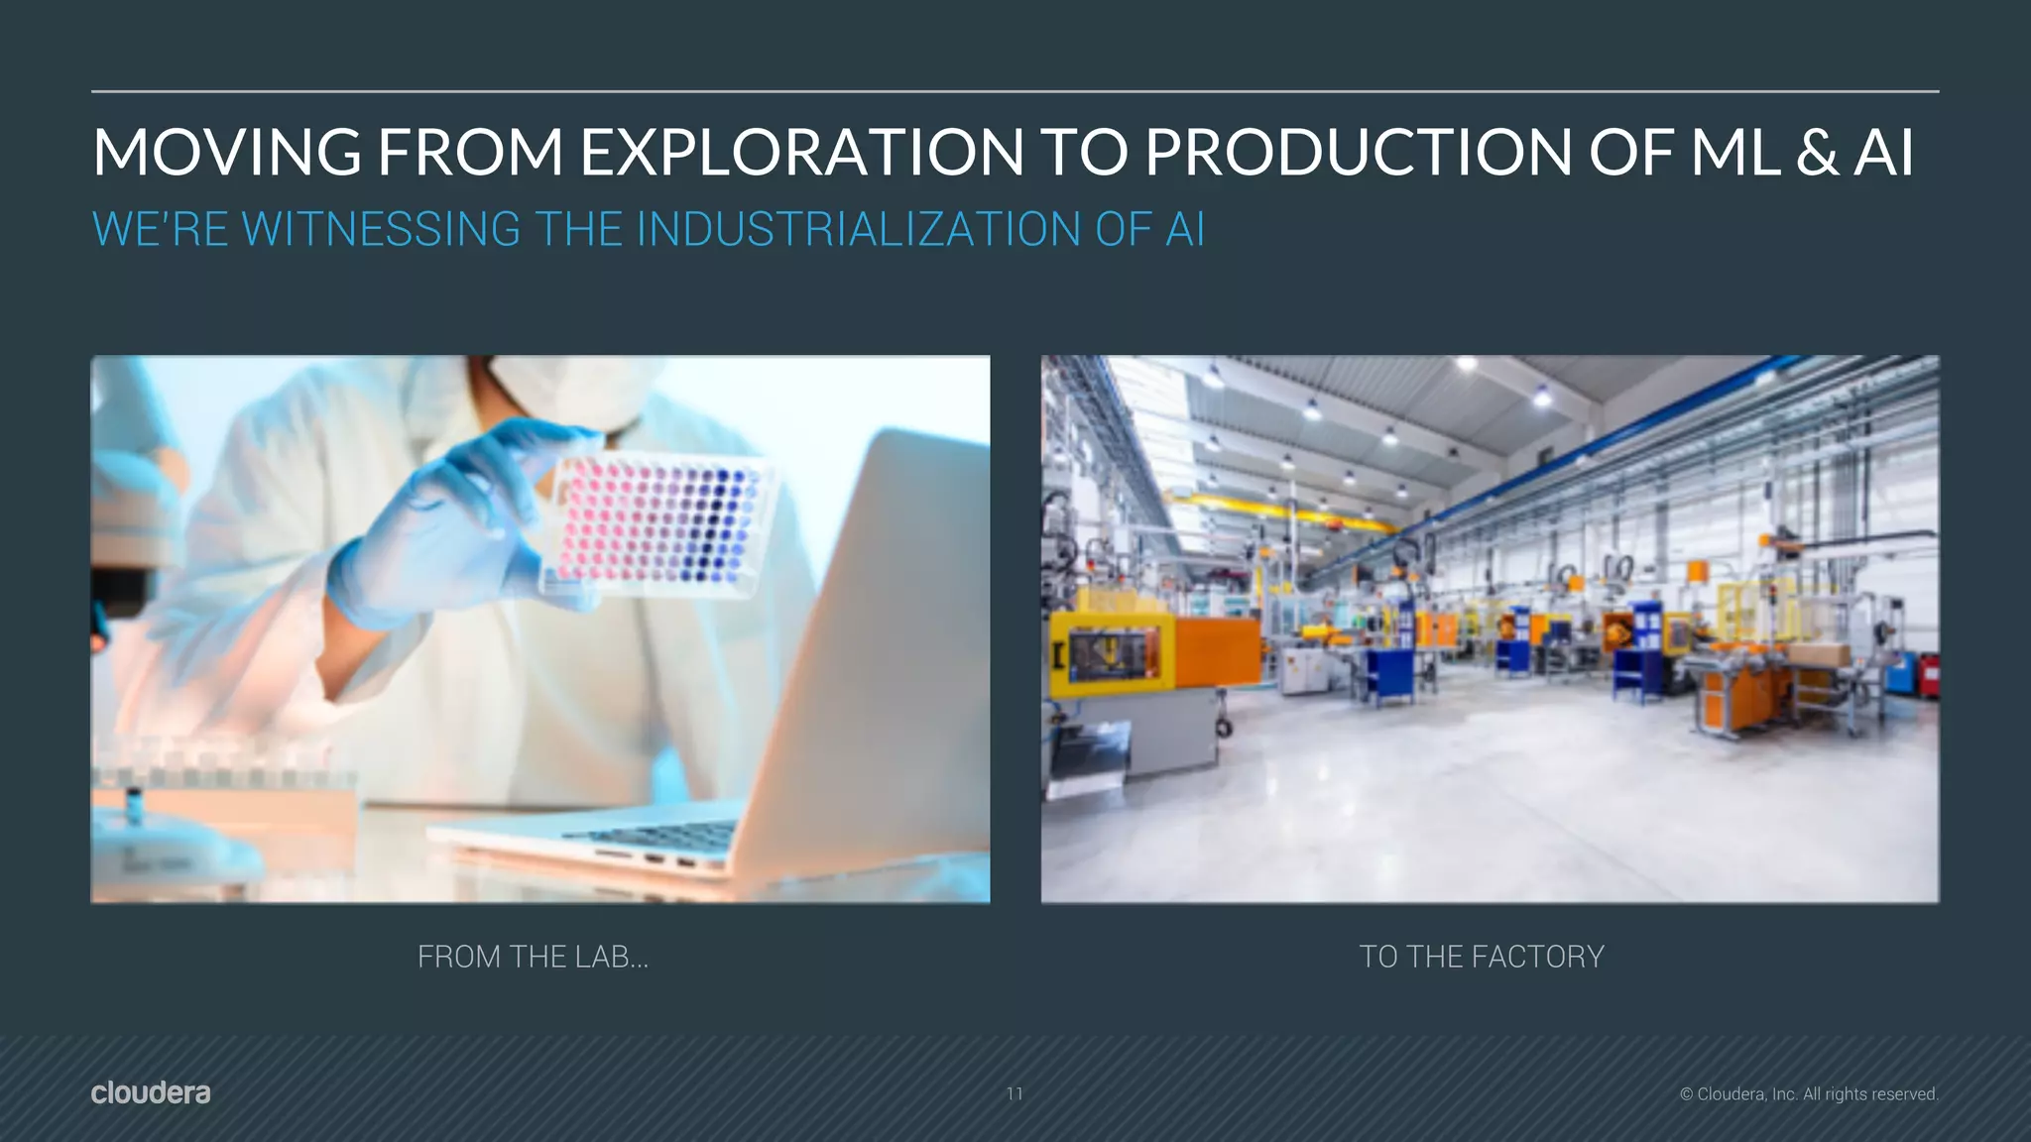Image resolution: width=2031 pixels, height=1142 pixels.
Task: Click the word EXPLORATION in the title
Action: coord(801,153)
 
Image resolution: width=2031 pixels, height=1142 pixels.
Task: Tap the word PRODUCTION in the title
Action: coord(1359,153)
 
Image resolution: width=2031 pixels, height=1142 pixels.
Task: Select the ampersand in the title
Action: coord(1817,153)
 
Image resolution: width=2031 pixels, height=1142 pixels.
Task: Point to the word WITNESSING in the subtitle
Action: coord(381,230)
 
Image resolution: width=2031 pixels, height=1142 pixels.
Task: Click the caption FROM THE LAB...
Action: coord(533,957)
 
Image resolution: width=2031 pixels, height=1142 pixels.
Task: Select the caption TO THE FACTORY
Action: coord(1481,957)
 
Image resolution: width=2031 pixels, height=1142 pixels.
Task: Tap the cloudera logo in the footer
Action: coord(151,1092)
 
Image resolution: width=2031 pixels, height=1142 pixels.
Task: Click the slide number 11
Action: coord(1015,1093)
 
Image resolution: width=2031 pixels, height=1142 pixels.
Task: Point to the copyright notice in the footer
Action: coord(1809,1094)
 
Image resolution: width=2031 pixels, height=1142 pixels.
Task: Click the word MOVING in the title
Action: coord(226,153)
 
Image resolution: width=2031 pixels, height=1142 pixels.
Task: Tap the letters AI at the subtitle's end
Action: coord(1185,230)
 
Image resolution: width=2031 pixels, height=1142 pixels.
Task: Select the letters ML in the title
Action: coord(1735,153)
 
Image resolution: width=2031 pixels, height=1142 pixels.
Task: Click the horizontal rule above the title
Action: coord(1015,91)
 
